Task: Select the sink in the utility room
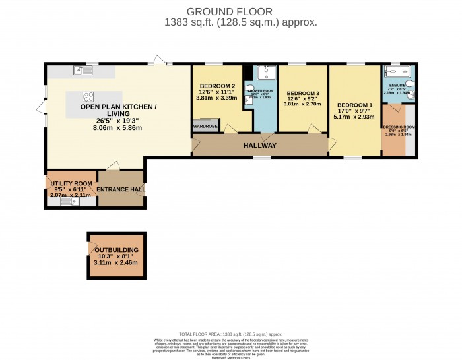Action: click(69, 202)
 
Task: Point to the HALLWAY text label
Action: click(259, 146)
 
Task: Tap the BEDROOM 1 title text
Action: click(355, 105)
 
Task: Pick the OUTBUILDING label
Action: click(116, 251)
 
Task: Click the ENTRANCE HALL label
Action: click(120, 189)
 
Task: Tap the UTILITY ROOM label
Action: click(71, 183)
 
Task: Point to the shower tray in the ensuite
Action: click(399, 72)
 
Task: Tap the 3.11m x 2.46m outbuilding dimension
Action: click(116, 262)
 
